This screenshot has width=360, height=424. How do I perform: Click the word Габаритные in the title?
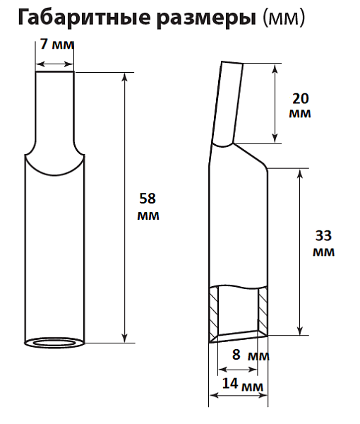pyautogui.click(x=84, y=18)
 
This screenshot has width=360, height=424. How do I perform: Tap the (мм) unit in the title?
pyautogui.click(x=284, y=18)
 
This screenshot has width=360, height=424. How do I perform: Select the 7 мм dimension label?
pyautogui.click(x=56, y=44)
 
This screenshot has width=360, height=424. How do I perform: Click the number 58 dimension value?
pyautogui.click(x=148, y=198)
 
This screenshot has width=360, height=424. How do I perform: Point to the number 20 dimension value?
pyautogui.click(x=300, y=99)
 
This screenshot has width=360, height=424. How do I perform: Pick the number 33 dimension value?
pyautogui.click(x=323, y=235)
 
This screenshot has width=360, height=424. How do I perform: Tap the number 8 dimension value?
pyautogui.click(x=236, y=354)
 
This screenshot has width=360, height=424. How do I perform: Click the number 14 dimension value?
pyautogui.click(x=230, y=383)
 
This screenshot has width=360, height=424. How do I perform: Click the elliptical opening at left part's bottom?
pyautogui.click(x=54, y=343)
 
